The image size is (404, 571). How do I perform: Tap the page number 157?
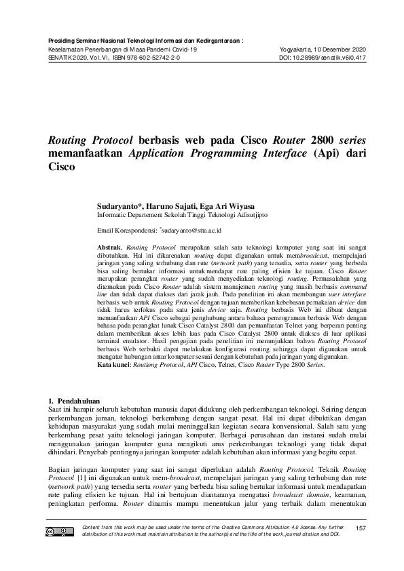point(361,528)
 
